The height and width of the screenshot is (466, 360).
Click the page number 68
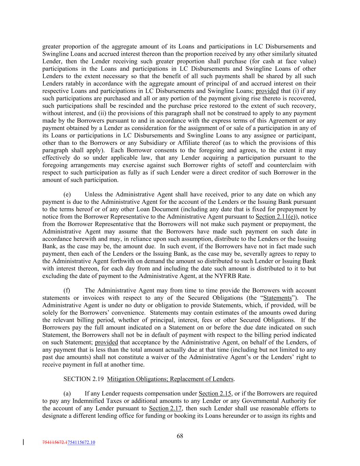pos(180,436)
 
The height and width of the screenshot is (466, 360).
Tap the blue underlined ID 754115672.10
pos(82,442)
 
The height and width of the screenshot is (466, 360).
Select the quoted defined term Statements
pos(280,298)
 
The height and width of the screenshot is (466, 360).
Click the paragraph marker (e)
pos(67,195)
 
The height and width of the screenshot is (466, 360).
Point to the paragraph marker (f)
pos(67,291)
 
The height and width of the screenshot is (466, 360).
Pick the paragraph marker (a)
pos(67,394)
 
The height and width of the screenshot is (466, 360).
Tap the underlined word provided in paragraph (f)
pos(106,342)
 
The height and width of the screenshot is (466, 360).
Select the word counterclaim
pos(291,165)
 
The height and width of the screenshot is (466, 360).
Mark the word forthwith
pos(127,261)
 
